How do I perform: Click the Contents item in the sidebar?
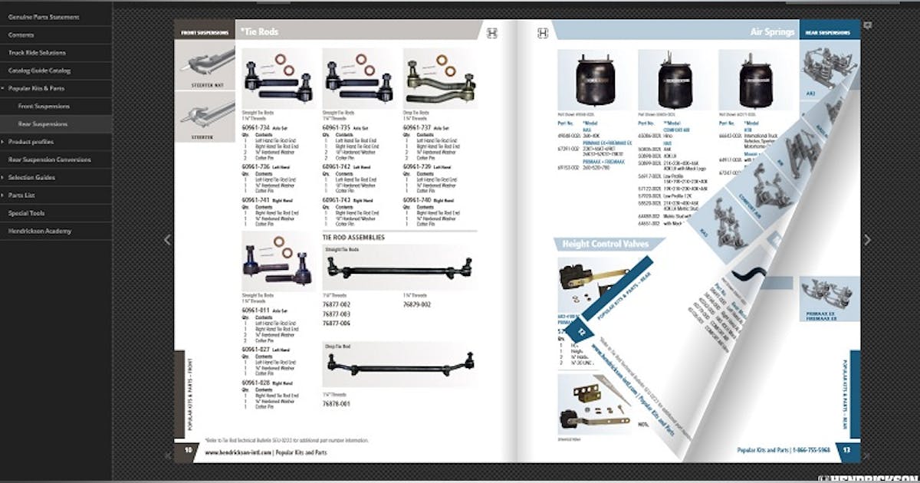tap(21, 35)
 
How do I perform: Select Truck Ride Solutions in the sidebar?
tap(37, 53)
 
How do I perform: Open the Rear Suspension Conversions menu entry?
tap(49, 159)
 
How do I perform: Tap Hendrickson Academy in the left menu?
tap(40, 231)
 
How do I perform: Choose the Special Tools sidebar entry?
tap(26, 213)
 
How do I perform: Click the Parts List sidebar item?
tap(22, 195)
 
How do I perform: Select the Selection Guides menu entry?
tap(31, 177)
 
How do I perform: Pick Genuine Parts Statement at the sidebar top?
tap(43, 17)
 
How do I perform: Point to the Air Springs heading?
tap(771, 32)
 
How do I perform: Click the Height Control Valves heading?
tap(605, 244)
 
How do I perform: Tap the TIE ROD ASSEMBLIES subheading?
tap(353, 238)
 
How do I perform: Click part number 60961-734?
tap(255, 127)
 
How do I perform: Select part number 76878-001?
tap(336, 403)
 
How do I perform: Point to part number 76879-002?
tap(416, 304)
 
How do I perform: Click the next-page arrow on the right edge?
tap(867, 240)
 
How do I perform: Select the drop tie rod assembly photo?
tap(399, 363)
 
